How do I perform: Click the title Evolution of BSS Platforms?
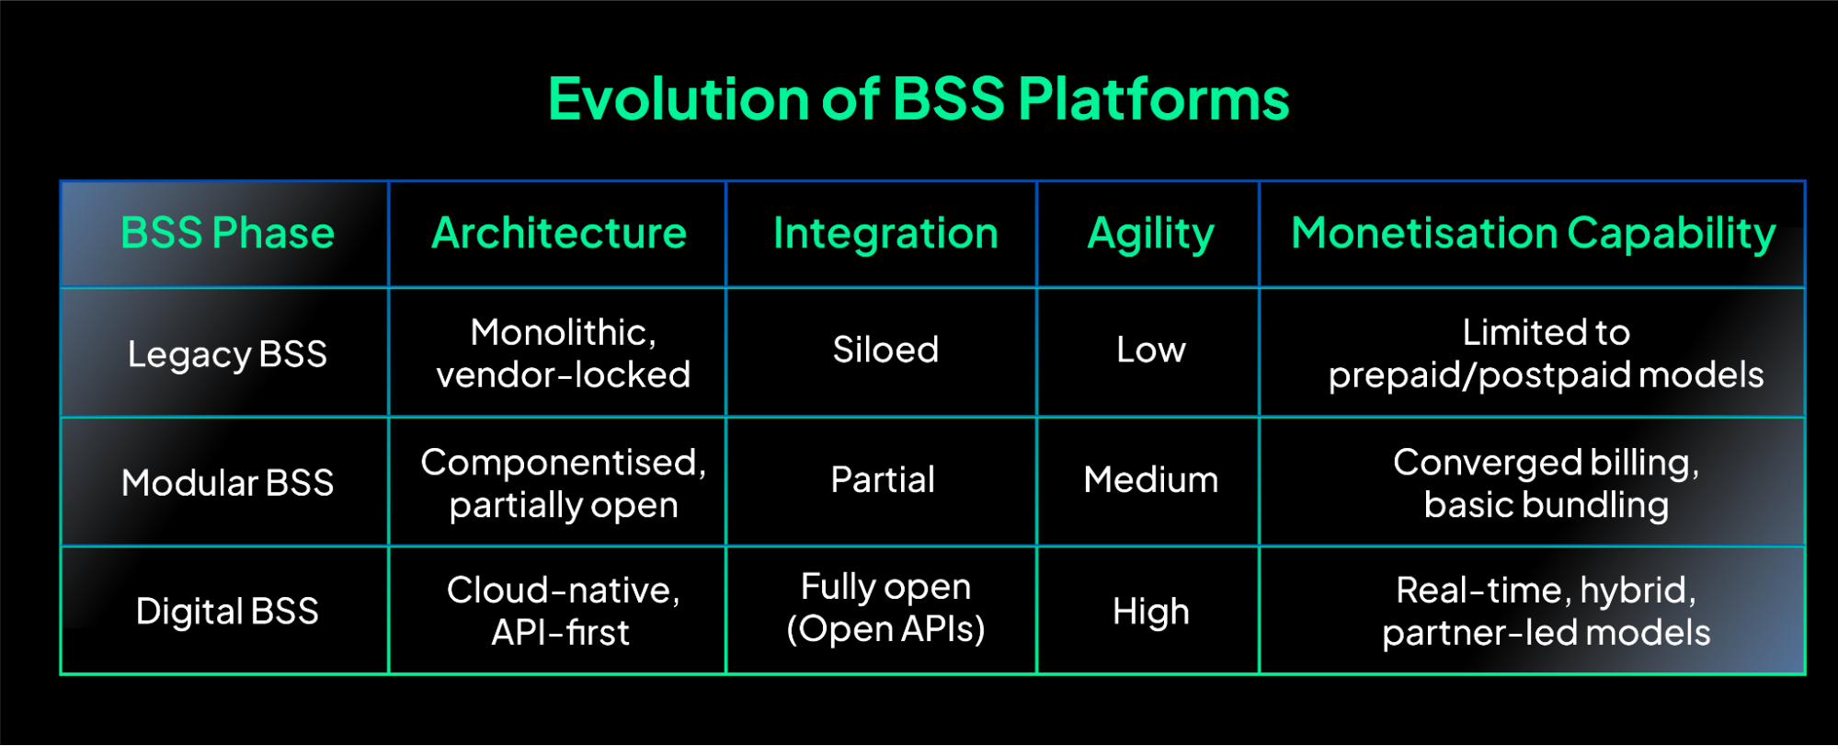click(919, 98)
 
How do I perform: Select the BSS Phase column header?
click(227, 233)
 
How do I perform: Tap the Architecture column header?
click(559, 233)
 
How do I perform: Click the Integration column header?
click(885, 233)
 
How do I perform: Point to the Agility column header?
click(1150, 234)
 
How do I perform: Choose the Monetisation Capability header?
click(1533, 233)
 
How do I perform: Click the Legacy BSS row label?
click(227, 353)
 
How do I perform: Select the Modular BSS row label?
click(227, 482)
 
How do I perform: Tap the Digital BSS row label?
click(227, 611)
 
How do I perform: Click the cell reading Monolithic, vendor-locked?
click(563, 353)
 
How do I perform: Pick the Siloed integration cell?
click(885, 350)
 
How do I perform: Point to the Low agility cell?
click(1150, 350)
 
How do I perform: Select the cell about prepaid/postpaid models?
click(1546, 353)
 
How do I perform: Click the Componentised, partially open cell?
click(563, 483)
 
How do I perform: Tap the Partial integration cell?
click(883, 479)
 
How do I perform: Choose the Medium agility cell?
click(1150, 479)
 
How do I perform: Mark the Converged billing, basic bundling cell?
click(1546, 483)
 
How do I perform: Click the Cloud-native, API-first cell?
click(563, 611)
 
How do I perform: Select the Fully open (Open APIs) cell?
click(885, 607)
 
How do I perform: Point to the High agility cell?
click(1150, 611)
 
